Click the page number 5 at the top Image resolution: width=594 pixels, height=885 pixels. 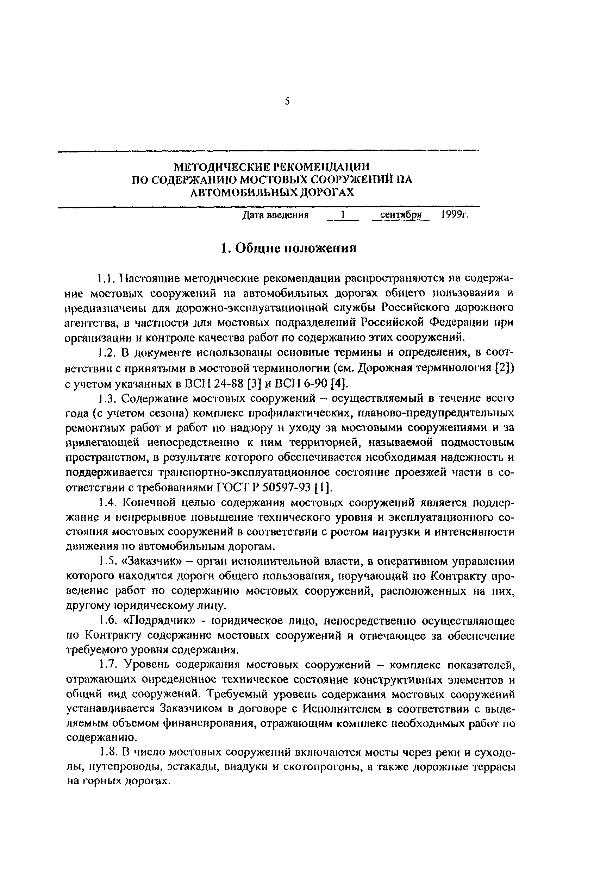[x=287, y=101]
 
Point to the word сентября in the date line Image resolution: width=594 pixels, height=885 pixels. [x=401, y=215]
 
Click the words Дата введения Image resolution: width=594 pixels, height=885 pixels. [x=275, y=215]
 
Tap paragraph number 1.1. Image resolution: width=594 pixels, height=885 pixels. [x=104, y=279]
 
